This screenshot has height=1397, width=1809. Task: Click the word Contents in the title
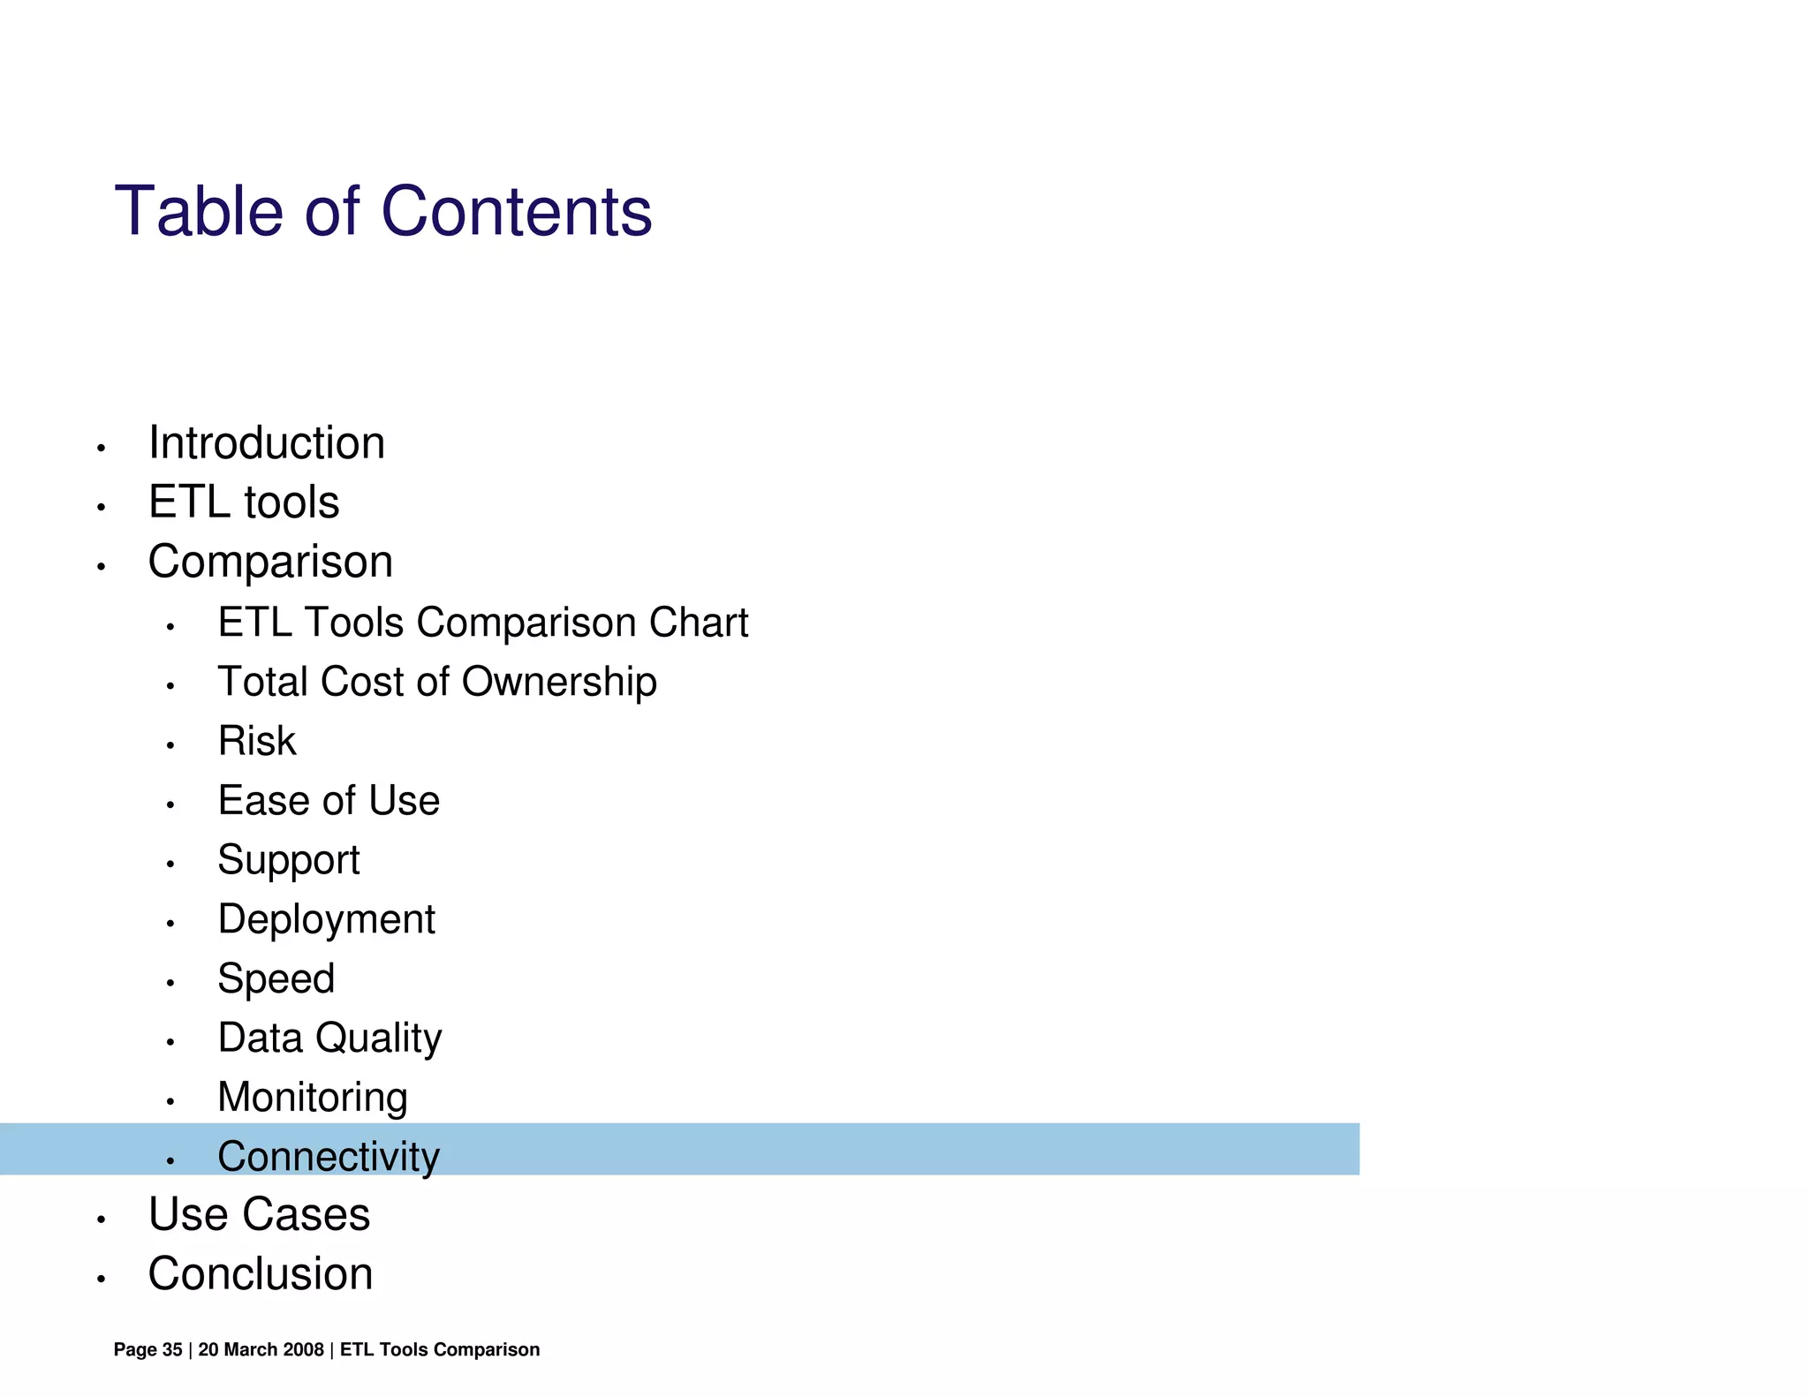click(517, 212)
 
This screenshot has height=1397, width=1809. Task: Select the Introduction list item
click(266, 442)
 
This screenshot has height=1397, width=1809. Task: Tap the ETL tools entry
click(244, 502)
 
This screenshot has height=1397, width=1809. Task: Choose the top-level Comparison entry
click(270, 562)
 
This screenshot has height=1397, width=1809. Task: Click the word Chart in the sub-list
click(699, 623)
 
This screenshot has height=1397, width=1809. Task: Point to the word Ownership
click(559, 683)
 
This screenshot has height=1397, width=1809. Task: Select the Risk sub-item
click(257, 741)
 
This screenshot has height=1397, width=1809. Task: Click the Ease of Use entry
click(329, 801)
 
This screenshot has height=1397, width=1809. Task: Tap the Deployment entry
click(326, 920)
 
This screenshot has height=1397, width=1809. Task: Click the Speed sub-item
click(276, 979)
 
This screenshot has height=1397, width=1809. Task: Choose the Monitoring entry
click(313, 1098)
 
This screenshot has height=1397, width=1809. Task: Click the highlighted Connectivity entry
click(329, 1157)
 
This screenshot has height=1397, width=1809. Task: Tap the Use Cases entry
click(259, 1214)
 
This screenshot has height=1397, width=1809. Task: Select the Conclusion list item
click(261, 1273)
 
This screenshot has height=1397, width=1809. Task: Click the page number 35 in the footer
click(172, 1349)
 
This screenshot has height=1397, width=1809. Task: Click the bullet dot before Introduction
click(102, 449)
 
